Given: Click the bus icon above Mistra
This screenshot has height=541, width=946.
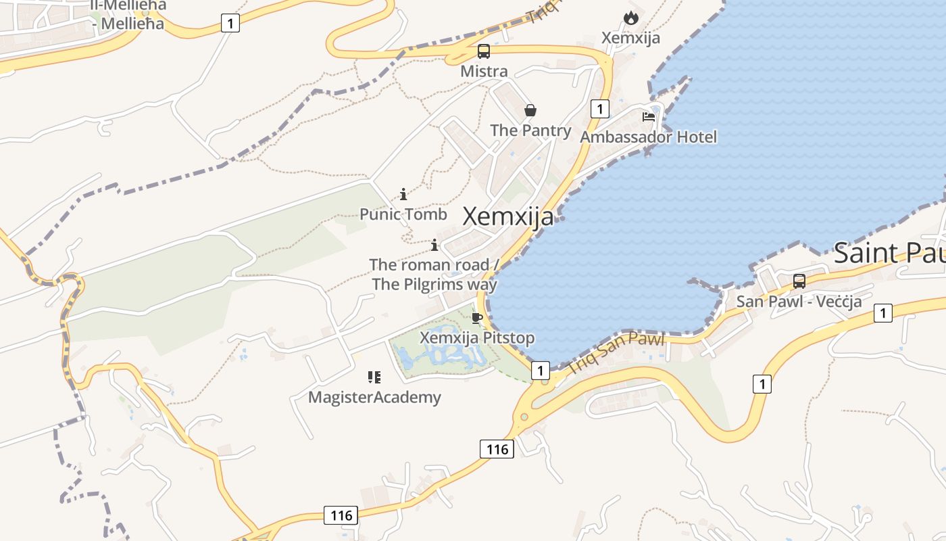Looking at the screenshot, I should (484, 51).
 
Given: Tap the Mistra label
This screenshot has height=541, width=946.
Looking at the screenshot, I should (484, 71).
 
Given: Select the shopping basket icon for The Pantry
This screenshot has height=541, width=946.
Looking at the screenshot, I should (530, 110).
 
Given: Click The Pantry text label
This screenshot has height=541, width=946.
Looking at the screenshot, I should (530, 130).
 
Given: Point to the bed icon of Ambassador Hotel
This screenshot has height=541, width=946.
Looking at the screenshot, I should (649, 116).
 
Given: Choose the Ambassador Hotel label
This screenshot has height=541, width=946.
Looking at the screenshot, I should (649, 137).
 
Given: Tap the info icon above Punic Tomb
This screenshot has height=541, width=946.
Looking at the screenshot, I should (403, 195).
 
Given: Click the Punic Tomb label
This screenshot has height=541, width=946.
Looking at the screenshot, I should (403, 214).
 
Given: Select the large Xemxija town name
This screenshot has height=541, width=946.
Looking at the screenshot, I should (508, 216).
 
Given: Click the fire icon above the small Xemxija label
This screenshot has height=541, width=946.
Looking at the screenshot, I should (631, 18).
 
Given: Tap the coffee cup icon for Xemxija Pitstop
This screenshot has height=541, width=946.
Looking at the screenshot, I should (477, 318).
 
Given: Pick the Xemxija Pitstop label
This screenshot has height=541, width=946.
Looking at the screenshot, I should (477, 337).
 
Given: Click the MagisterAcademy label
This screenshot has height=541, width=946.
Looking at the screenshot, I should (374, 397).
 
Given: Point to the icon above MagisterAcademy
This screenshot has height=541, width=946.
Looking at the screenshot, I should (374, 377).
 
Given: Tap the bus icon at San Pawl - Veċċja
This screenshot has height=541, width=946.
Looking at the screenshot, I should (799, 281).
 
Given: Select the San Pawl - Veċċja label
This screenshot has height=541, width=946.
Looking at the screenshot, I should (799, 301).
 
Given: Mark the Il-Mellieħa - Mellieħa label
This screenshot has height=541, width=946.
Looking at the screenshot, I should (128, 15).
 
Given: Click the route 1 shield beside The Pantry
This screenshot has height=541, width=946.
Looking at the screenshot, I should (599, 108).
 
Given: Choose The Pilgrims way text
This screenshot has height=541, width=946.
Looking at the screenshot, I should (434, 284).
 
